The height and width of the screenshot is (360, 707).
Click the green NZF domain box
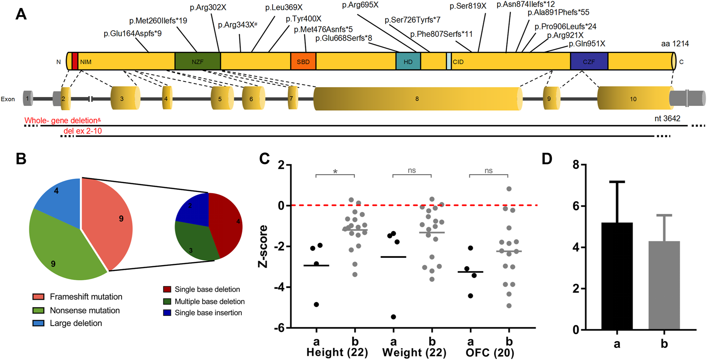coord(197,61)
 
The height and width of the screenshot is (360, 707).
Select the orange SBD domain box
coord(303,61)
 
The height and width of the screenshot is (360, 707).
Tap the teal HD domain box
coord(408,61)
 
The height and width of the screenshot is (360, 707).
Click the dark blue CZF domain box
coord(589,61)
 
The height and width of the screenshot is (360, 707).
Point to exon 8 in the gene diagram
coord(417,99)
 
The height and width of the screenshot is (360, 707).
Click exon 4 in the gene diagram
coord(167,98)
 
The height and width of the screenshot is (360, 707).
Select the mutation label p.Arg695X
coord(360,5)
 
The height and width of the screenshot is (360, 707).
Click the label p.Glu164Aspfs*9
coord(132,34)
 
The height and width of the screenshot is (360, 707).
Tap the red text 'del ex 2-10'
coord(83,131)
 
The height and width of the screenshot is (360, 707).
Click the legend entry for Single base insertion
coord(208,313)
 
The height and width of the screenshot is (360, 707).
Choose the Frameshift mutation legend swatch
coord(38,297)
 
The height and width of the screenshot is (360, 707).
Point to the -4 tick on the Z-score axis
coord(281,287)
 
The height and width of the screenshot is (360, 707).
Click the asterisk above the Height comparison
coord(335,172)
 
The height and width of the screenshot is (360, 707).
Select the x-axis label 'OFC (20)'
coord(490,353)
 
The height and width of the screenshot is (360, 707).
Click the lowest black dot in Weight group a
coord(393,317)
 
